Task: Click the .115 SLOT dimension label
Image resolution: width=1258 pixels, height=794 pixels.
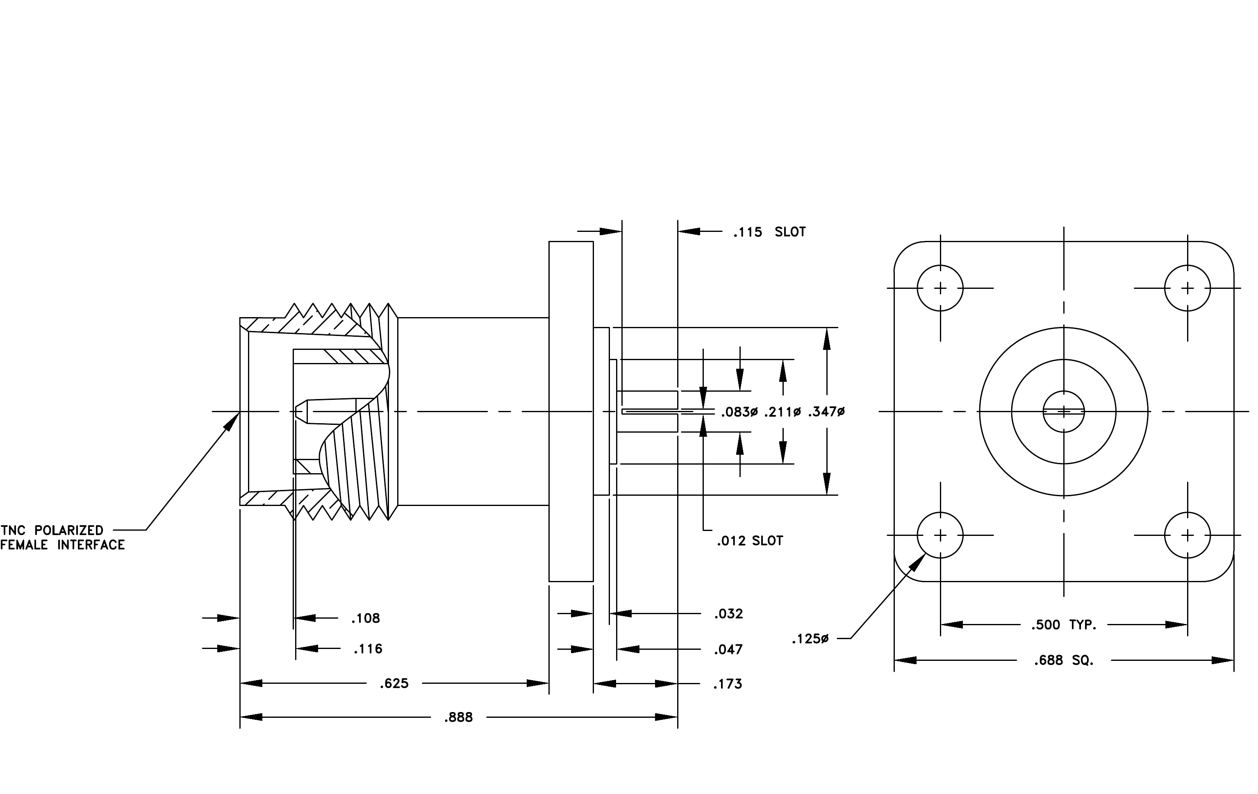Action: (x=769, y=232)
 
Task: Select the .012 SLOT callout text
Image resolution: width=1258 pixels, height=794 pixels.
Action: (x=750, y=541)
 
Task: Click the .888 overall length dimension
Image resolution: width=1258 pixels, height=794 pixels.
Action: (x=458, y=718)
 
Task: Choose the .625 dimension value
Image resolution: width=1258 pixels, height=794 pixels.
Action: (x=394, y=684)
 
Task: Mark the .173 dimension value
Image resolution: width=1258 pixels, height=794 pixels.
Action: (x=728, y=684)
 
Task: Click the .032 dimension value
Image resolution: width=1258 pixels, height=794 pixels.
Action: (x=728, y=614)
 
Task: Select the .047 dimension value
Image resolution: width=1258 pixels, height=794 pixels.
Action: (x=728, y=650)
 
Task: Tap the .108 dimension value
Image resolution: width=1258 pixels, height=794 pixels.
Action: (x=366, y=619)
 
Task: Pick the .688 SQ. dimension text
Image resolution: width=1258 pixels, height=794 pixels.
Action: (x=1064, y=661)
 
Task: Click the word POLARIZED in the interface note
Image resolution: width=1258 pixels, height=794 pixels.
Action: (x=69, y=531)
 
